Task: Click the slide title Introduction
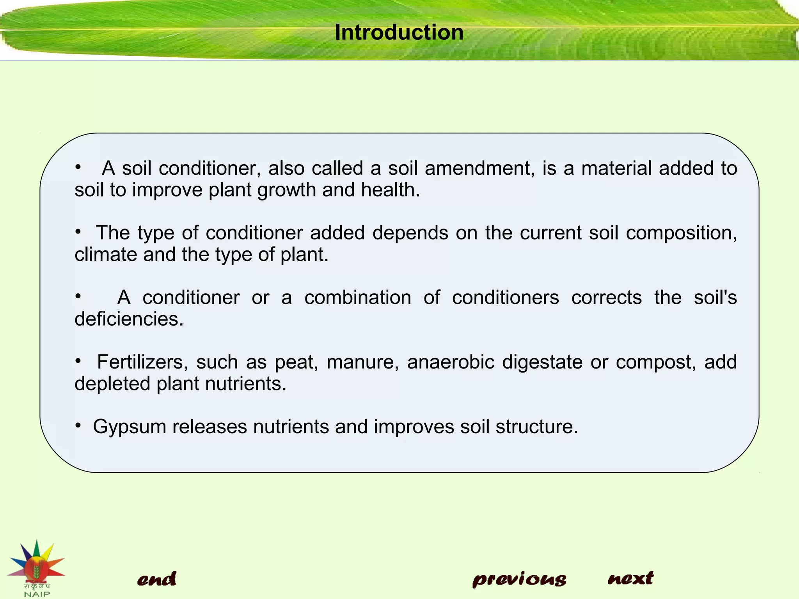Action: (399, 32)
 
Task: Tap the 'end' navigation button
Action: (156, 579)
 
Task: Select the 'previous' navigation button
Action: (519, 579)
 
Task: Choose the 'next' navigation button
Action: (630, 578)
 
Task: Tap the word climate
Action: (105, 254)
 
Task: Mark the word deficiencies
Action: (129, 319)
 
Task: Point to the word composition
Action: (681, 233)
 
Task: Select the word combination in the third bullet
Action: (358, 298)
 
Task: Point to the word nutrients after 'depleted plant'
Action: (245, 384)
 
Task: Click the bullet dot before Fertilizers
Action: (78, 361)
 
